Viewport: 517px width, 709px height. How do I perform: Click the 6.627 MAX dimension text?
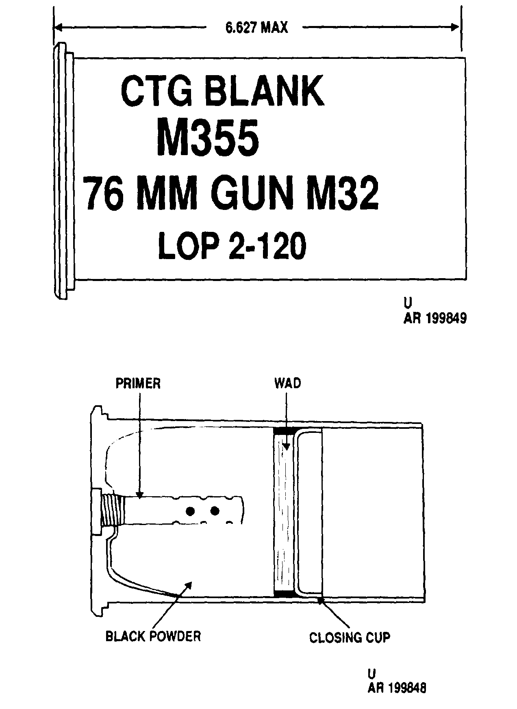[256, 28]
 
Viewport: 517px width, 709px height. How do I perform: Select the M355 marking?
[208, 137]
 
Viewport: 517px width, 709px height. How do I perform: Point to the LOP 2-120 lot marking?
[232, 246]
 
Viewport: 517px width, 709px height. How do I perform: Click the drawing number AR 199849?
[434, 318]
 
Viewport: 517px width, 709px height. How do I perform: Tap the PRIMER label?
[138, 383]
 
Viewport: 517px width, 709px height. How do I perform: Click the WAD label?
[287, 383]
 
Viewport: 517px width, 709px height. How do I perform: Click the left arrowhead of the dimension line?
[58, 27]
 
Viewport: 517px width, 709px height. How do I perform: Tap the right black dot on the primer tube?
[215, 510]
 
